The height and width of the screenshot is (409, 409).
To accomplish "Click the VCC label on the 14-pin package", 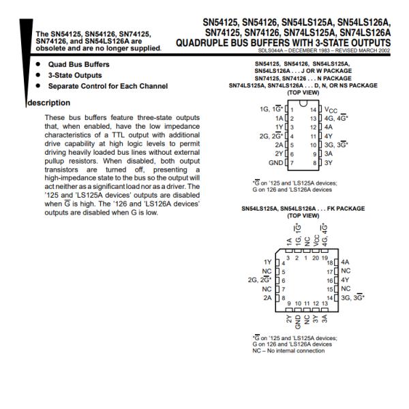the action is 331,110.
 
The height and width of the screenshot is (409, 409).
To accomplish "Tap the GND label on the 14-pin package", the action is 275,163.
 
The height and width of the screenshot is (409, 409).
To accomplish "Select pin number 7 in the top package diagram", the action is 292,163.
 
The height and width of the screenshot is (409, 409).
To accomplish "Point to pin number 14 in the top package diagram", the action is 314,110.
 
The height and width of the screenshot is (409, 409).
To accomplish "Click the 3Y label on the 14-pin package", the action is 329,163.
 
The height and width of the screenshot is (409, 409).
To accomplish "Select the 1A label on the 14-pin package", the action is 279,119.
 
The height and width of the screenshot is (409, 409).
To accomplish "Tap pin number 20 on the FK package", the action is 316,258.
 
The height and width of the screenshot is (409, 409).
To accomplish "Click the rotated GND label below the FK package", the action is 298,322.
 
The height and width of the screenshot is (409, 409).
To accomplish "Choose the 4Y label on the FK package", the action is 345,280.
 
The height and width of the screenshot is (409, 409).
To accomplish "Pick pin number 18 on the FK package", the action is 330,262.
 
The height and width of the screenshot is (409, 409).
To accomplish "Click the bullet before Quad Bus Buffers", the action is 38,64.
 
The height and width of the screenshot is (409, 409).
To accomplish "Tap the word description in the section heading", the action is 49,103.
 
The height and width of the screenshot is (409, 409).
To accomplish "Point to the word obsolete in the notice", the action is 50,48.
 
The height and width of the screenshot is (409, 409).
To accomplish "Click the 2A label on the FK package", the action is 267,298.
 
